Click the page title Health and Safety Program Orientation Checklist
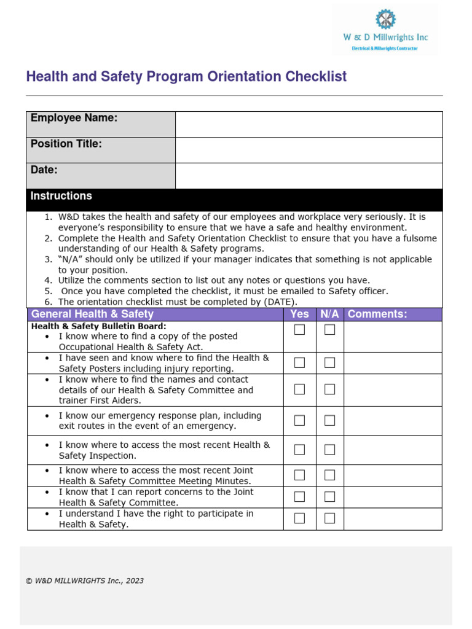pos(186,77)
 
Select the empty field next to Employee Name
pos(309,125)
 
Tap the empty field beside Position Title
pos(309,150)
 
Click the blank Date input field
pos(309,176)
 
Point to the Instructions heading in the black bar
pos(61,196)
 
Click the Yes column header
pos(299,314)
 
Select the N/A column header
pos(329,314)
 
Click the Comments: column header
pos(377,314)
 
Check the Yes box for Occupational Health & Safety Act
pos(299,330)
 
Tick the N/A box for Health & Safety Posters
pos(330,362)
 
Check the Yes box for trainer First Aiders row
pos(299,389)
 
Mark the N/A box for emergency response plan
pos(330,420)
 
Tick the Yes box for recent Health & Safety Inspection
pos(299,450)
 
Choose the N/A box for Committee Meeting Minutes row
pos(330,475)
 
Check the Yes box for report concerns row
pos(299,496)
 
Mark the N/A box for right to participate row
pos(330,518)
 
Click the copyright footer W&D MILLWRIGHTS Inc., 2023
pos(85,580)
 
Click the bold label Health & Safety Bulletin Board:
pos(98,326)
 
